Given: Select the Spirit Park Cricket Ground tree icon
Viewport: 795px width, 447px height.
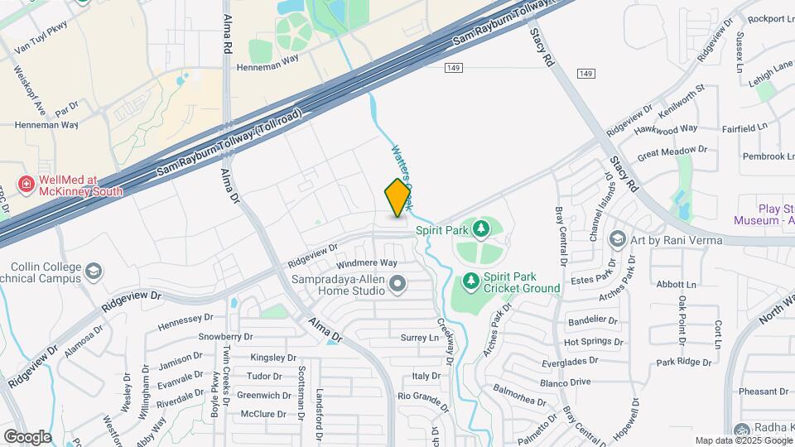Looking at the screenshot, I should pyautogui.click(x=471, y=281).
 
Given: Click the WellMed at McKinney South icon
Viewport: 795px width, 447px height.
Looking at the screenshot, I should pyautogui.click(x=26, y=184).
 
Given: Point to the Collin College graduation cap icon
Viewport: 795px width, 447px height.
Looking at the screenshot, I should pyautogui.click(x=94, y=271).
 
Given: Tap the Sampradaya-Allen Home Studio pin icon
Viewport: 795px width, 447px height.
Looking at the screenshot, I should pyautogui.click(x=398, y=285).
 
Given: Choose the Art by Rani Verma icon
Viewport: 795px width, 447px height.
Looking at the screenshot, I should pyautogui.click(x=617, y=240).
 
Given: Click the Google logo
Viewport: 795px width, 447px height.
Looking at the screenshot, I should pyautogui.click(x=27, y=436).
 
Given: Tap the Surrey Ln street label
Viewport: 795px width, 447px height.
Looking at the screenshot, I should pyautogui.click(x=419, y=338).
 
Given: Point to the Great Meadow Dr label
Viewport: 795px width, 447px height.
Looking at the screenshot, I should pyautogui.click(x=672, y=151).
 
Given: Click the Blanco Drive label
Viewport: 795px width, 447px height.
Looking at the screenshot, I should pyautogui.click(x=588, y=382).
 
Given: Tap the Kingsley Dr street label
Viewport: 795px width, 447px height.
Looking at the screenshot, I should pyautogui.click(x=272, y=358).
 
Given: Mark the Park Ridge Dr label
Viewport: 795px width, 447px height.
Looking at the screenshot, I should pyautogui.click(x=683, y=362).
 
